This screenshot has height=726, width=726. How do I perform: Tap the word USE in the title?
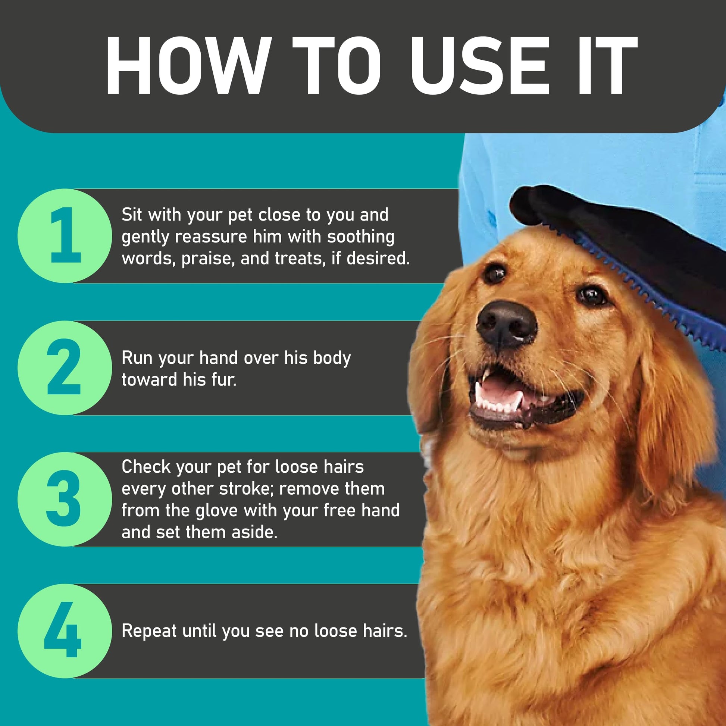[478, 66]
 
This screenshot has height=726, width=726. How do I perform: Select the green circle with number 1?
[65, 236]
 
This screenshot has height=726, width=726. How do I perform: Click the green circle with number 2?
[65, 367]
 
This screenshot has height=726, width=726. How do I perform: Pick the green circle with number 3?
[65, 499]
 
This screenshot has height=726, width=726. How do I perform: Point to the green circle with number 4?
[65, 631]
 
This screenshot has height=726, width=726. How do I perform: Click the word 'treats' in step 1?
[300, 259]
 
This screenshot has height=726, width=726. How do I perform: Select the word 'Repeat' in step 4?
[149, 631]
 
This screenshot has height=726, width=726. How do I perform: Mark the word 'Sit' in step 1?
[132, 215]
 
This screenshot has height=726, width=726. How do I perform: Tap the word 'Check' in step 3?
[146, 467]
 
